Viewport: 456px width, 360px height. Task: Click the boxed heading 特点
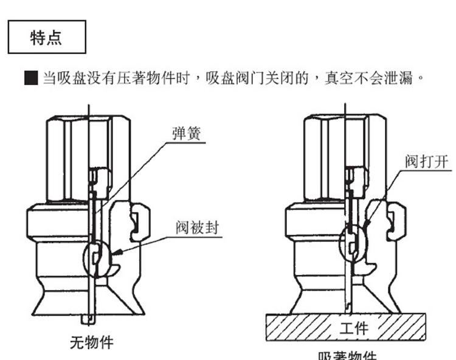click(46, 37)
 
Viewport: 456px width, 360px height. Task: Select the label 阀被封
click(196, 228)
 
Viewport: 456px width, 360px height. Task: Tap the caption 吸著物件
click(347, 356)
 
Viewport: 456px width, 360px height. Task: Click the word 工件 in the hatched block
click(353, 328)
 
